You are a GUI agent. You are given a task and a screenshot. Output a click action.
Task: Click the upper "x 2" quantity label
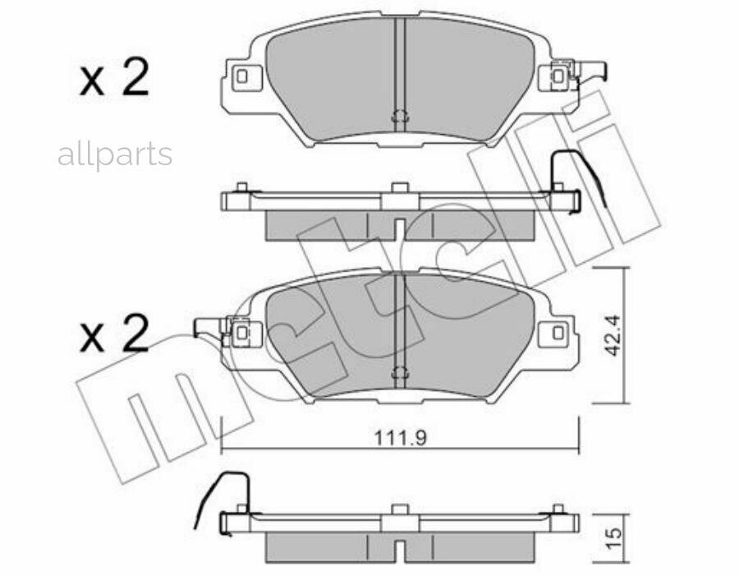114,79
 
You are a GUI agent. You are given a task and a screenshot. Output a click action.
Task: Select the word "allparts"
115,154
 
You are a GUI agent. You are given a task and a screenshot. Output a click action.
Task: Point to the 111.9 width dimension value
401,438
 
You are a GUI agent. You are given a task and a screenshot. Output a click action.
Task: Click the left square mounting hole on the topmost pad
241,77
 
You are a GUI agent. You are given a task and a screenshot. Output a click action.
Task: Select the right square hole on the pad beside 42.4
558,333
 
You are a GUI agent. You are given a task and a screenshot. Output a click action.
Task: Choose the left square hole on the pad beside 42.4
241,333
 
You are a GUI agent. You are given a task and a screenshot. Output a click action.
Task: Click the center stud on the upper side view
400,188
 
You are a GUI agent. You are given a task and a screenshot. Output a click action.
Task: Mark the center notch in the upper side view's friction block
400,228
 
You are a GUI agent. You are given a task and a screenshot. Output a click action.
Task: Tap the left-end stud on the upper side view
241,187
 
